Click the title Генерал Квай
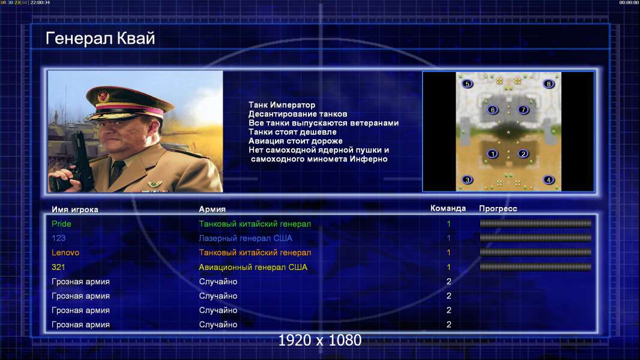pos(100,38)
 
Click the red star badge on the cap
pos(103,96)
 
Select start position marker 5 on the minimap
pos(467,84)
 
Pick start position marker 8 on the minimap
pos(549,84)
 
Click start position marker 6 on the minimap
pos(493,110)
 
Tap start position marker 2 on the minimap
pos(523,154)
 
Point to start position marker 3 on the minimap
pos(467,180)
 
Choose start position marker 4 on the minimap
pos(549,180)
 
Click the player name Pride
pos(61,224)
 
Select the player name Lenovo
pos(65,253)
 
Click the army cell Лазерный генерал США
pos(246,238)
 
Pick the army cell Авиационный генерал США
pos(253,267)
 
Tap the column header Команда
pos(448,208)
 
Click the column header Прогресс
pos(498,209)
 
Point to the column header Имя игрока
pos(74,209)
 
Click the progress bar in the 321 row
pos(536,267)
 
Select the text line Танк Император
pos(282,105)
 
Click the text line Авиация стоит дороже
pos(295,140)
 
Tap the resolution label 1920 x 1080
pos(319,340)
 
